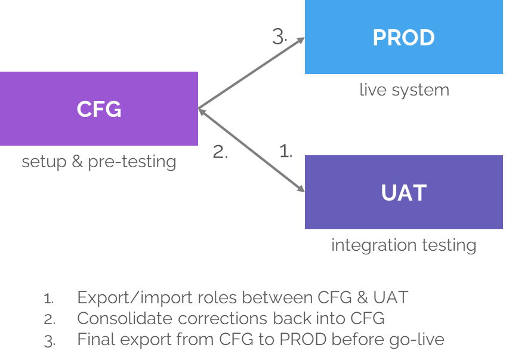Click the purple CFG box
point(99,109)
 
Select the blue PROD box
point(404,37)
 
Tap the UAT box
point(404,192)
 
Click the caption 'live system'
point(404,90)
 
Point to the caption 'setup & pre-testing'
point(99,162)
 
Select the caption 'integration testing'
point(404,245)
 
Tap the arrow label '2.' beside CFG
point(220,152)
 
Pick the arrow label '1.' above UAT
point(286,152)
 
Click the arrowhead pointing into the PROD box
point(301,41)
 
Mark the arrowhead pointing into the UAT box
point(301,189)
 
